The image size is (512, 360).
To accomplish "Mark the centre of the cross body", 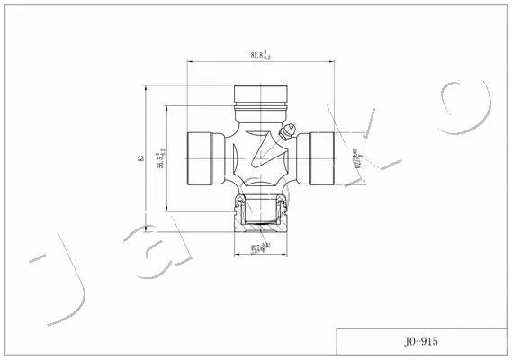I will tap(259, 158).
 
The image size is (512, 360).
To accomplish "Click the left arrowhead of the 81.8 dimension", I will tap(190, 61).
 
